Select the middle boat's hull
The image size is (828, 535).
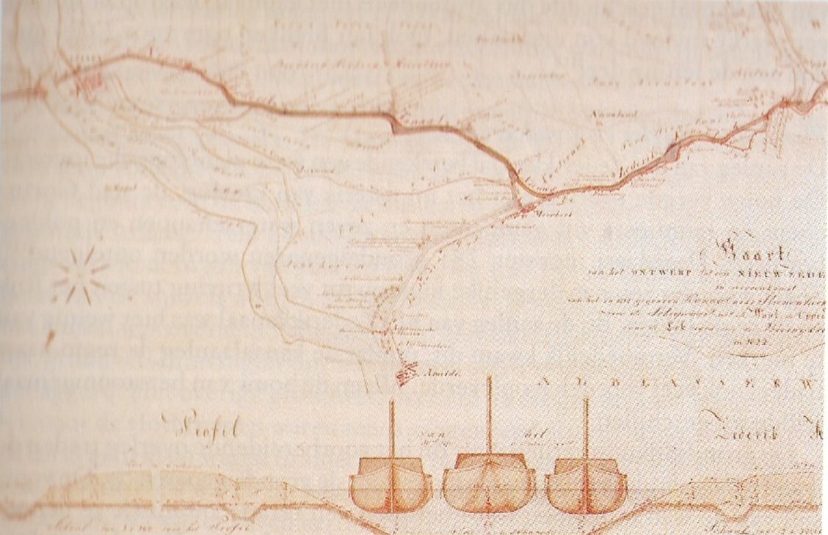pyautogui.click(x=488, y=484)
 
